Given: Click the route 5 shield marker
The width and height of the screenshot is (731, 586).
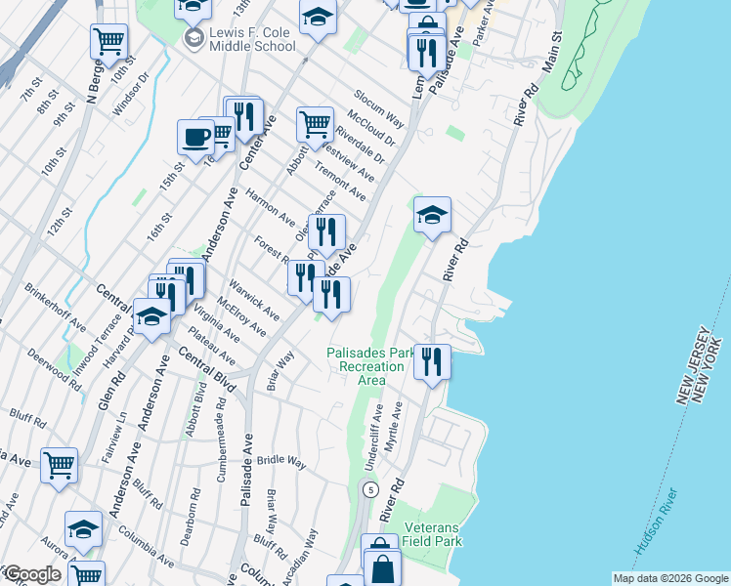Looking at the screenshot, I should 369,488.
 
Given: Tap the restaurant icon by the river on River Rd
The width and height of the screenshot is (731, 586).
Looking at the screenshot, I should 431,362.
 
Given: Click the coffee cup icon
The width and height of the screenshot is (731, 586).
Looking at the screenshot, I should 195,137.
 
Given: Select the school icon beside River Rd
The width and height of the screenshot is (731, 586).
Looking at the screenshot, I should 431,216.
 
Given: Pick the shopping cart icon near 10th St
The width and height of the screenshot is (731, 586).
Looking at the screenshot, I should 108,42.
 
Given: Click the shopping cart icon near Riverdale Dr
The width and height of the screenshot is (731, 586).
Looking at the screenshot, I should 314,124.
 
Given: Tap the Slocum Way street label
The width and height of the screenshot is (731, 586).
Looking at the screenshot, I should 380,113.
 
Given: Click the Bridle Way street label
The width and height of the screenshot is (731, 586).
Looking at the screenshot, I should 283,459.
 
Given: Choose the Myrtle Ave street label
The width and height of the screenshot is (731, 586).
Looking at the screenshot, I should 395,426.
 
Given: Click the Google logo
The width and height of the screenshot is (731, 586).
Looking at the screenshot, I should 31,573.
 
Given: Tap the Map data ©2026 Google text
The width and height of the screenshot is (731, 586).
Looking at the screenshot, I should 669,578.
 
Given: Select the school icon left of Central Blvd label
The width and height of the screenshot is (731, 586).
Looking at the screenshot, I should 151,317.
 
